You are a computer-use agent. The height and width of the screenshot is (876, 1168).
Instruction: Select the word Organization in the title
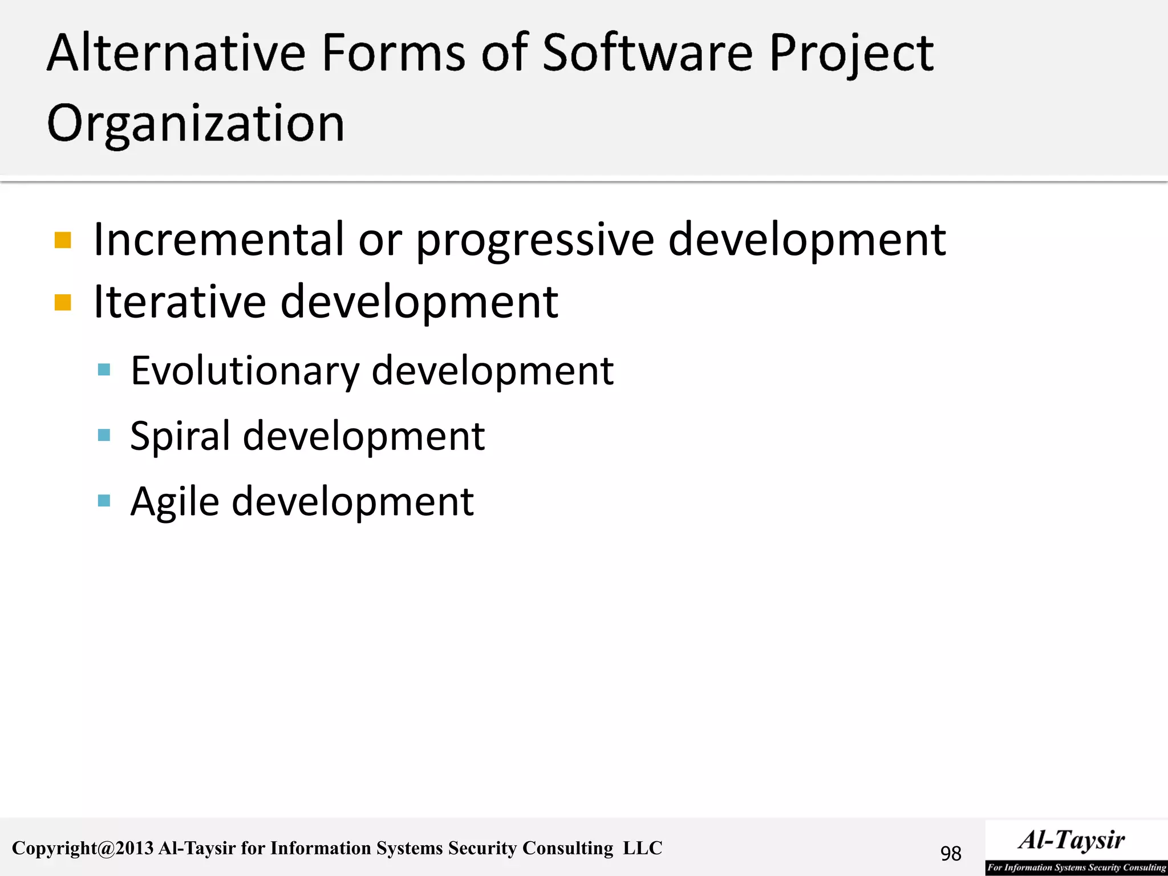(196, 124)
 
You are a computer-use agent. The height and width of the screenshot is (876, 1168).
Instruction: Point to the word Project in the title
(851, 54)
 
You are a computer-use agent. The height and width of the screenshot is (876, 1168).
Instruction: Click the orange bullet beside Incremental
(63, 240)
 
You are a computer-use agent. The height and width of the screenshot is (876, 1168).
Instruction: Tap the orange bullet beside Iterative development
(63, 302)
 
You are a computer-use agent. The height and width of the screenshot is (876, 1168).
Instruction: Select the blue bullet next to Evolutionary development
(104, 370)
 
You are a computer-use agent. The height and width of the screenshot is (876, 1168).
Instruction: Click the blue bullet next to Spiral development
(104, 436)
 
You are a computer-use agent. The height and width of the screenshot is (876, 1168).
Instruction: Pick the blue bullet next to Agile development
(104, 501)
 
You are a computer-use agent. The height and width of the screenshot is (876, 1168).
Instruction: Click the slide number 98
(951, 853)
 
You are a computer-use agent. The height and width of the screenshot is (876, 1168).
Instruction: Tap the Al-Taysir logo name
(1072, 840)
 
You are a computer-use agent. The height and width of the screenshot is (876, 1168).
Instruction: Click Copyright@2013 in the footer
(83, 848)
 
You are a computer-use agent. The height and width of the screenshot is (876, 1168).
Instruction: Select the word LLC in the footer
(643, 848)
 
